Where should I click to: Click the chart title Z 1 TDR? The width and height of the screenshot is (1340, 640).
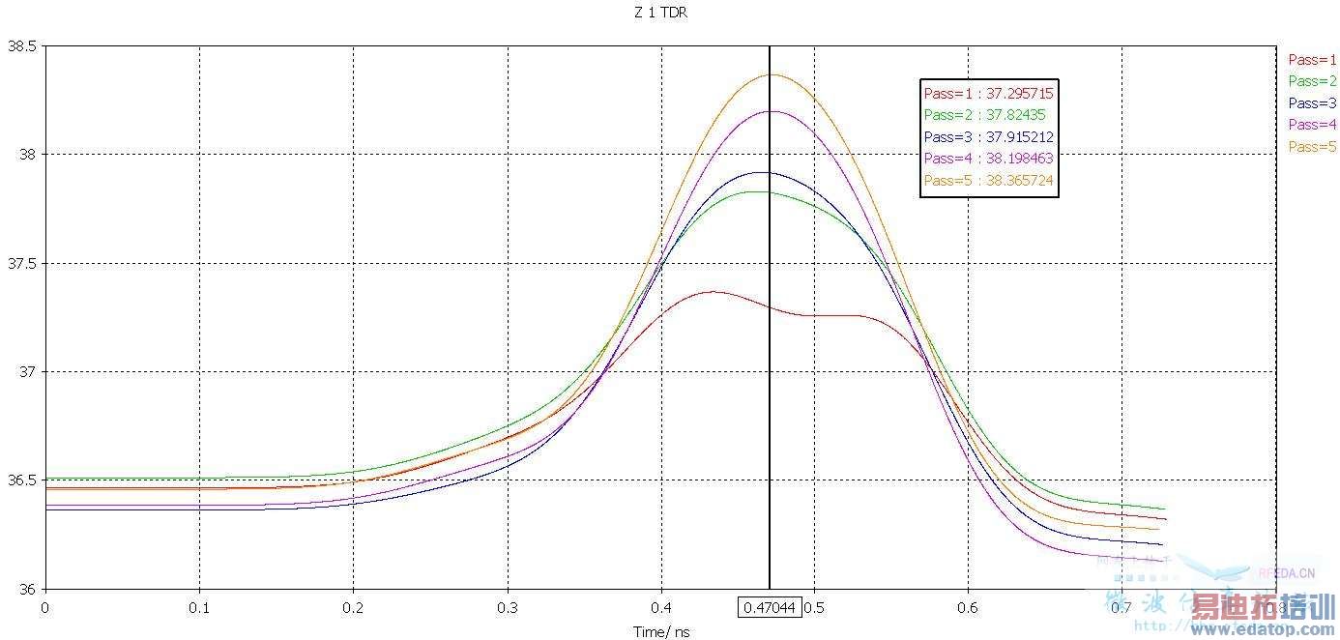(662, 14)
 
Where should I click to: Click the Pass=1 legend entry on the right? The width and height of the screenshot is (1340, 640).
(1312, 60)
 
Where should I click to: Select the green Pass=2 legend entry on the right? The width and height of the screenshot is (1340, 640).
(1312, 81)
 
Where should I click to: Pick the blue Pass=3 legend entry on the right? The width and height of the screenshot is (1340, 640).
(1312, 103)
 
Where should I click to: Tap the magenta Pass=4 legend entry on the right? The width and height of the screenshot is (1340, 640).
(1312, 125)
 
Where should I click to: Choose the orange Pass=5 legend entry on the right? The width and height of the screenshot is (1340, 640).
(1312, 147)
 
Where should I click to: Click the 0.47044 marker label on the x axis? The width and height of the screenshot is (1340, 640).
(770, 608)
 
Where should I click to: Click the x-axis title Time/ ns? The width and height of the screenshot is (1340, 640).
(662, 632)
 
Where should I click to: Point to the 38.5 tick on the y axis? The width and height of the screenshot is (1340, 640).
(20, 46)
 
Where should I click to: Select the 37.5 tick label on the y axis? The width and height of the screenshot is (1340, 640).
(20, 264)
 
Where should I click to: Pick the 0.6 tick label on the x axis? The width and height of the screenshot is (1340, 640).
(968, 608)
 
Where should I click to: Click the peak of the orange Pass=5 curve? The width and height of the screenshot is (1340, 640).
(772, 74)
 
